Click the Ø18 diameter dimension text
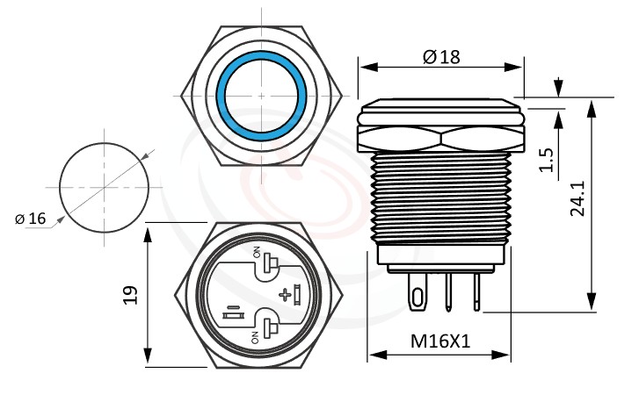(x=440, y=56)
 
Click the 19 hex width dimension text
(x=127, y=294)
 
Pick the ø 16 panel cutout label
(x=30, y=219)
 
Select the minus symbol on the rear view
(x=233, y=309)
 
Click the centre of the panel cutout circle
(x=104, y=187)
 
